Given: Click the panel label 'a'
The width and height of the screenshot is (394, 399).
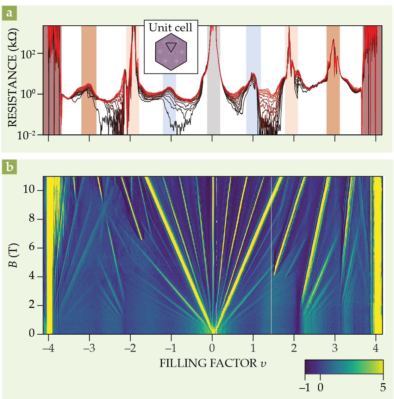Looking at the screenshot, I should pyautogui.click(x=9, y=14).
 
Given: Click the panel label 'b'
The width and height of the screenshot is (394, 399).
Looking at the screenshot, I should pyautogui.click(x=9, y=167).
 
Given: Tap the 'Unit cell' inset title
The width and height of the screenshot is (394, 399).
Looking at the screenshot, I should pyautogui.click(x=171, y=27).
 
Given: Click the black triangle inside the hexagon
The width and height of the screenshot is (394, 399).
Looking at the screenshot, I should pyautogui.click(x=171, y=47).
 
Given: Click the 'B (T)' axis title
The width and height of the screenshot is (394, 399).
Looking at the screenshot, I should pyautogui.click(x=13, y=255).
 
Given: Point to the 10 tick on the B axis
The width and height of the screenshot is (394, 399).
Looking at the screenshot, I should pyautogui.click(x=32, y=190).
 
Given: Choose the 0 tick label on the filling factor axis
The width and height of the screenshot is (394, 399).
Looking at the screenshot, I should pyautogui.click(x=212, y=348).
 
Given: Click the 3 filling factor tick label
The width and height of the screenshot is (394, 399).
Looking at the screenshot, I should pyautogui.click(x=334, y=348).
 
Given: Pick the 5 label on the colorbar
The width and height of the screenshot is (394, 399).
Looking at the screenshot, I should pyautogui.click(x=383, y=387).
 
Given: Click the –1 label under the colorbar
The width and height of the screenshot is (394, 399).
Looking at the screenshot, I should pyautogui.click(x=305, y=387).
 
